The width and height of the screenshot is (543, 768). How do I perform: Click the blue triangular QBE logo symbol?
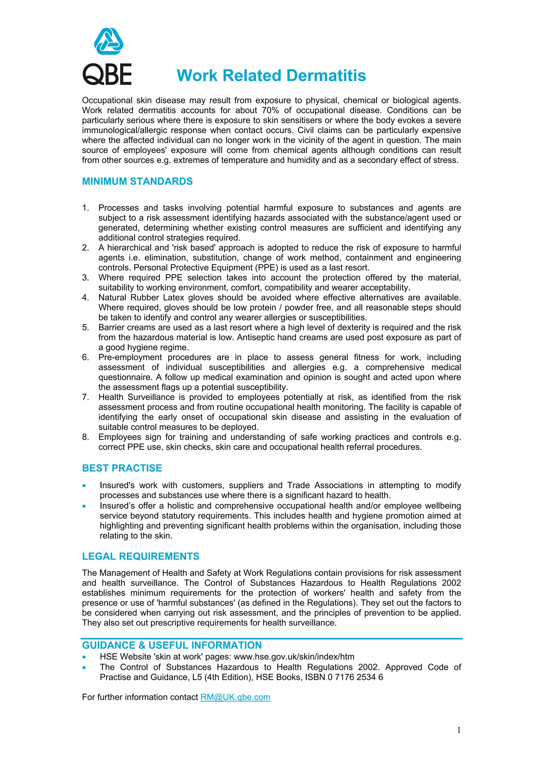pyautogui.click(x=108, y=42)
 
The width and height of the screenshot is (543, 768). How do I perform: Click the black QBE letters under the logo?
pyautogui.click(x=107, y=74)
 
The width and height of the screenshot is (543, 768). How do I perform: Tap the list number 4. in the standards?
pyautogui.click(x=86, y=298)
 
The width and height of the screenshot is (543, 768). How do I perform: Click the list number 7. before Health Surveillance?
pyautogui.click(x=86, y=397)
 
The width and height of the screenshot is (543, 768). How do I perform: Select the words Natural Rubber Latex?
pyautogui.click(x=141, y=298)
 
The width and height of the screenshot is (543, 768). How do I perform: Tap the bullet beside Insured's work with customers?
pyautogui.click(x=84, y=486)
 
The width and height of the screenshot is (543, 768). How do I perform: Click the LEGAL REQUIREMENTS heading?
pyautogui.click(x=141, y=556)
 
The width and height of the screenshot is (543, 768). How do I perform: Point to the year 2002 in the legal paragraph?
pyautogui.click(x=451, y=583)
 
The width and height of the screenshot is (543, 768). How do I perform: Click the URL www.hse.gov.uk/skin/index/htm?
pyautogui.click(x=294, y=657)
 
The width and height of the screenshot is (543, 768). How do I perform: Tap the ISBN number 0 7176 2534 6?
pyautogui.click(x=355, y=677)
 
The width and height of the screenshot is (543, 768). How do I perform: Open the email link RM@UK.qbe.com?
pyautogui.click(x=235, y=697)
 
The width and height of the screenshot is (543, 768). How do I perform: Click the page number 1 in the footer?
pyautogui.click(x=459, y=730)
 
